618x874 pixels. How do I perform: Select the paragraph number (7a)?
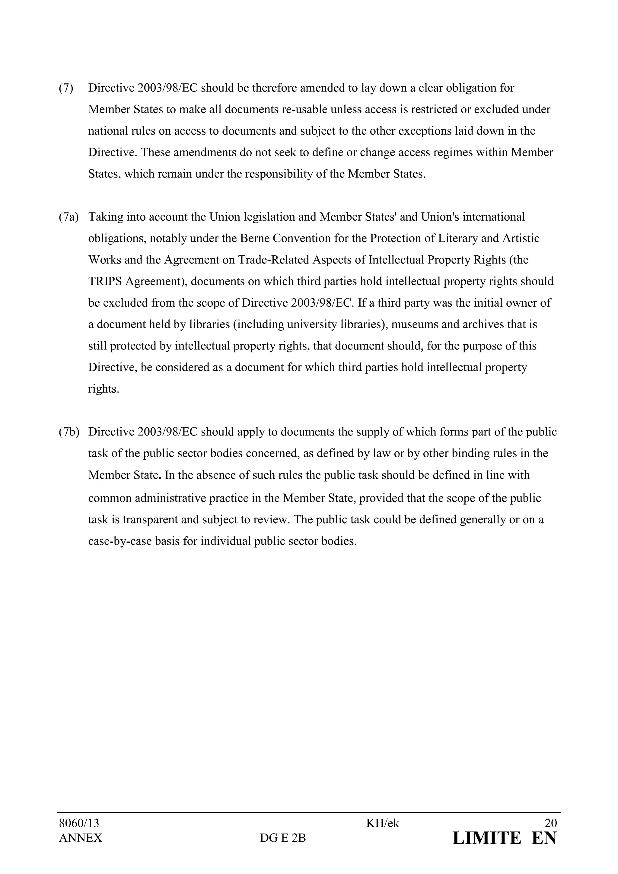pyautogui.click(x=68, y=217)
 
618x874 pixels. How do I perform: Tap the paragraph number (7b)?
pyautogui.click(x=68, y=432)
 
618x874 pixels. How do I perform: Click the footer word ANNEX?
pyautogui.click(x=80, y=838)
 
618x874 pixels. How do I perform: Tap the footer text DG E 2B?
pyautogui.click(x=283, y=838)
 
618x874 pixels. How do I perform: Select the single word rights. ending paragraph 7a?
pyautogui.click(x=104, y=389)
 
